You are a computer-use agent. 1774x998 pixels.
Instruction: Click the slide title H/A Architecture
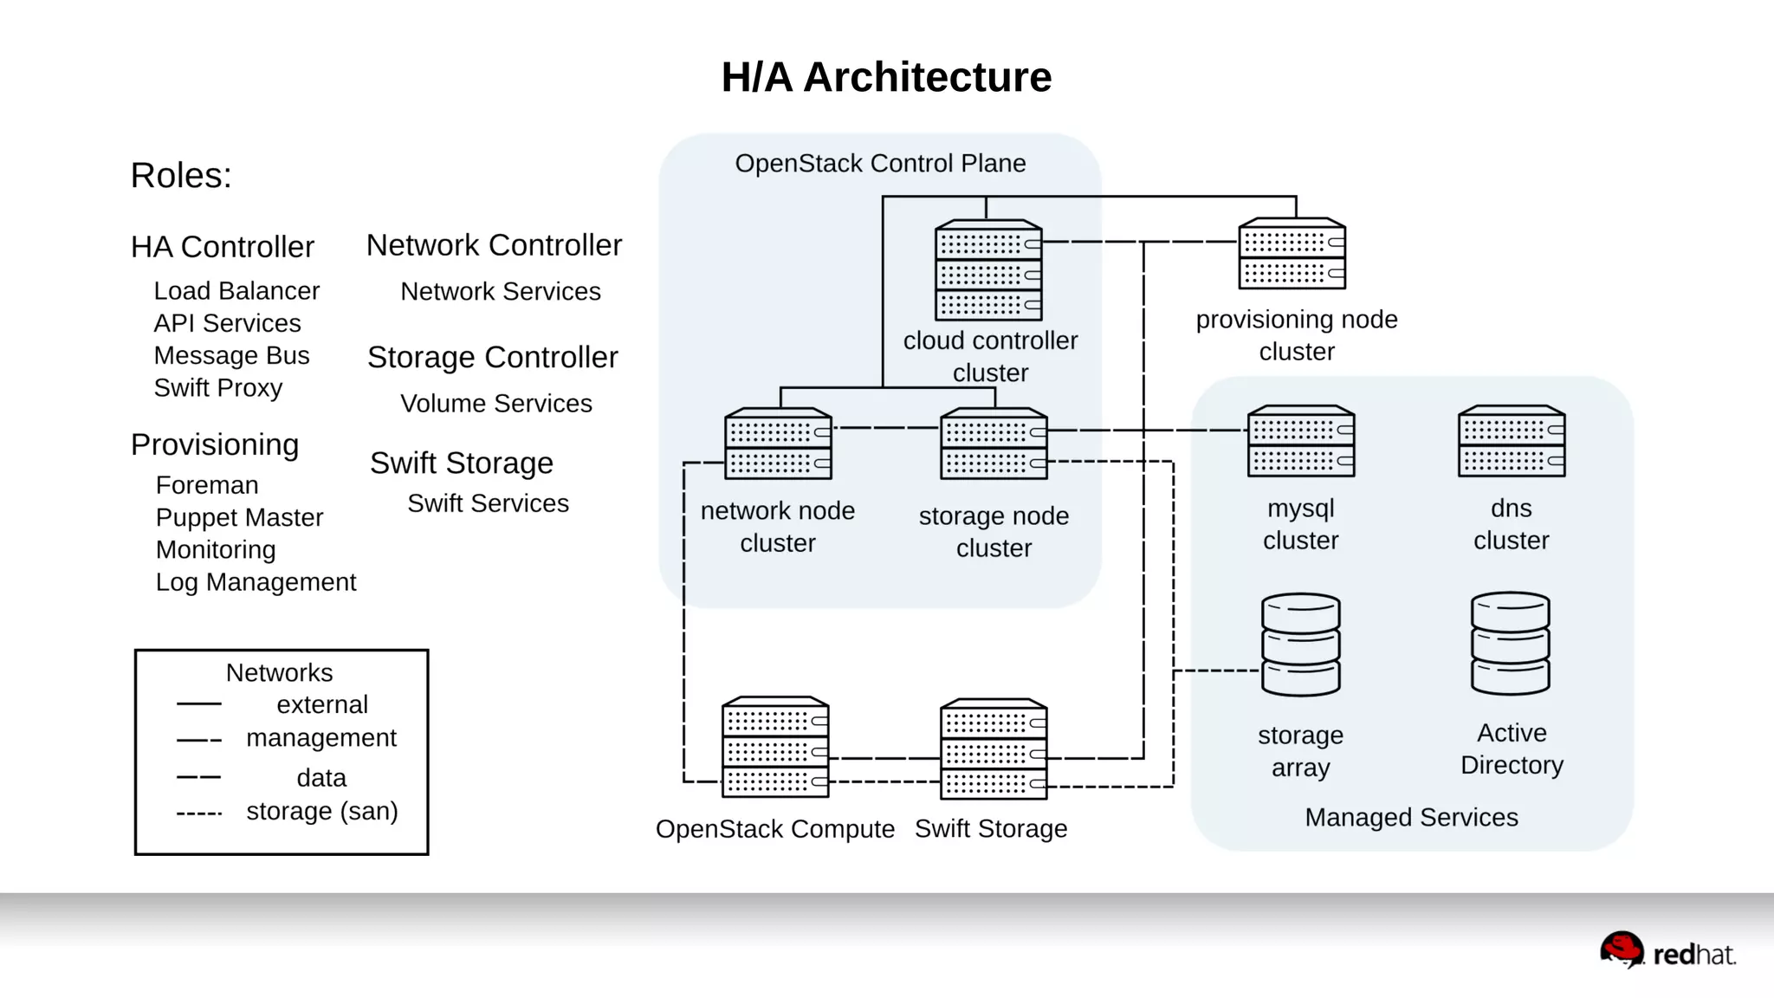886,77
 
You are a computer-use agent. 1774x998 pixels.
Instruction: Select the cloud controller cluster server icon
988,270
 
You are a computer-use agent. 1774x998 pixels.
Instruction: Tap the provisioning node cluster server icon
1292,254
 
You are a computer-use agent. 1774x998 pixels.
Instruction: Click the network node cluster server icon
778,444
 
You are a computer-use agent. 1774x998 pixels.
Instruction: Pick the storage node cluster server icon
994,444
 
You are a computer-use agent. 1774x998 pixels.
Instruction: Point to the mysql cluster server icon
1301,441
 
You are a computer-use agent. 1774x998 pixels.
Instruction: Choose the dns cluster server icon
1512,441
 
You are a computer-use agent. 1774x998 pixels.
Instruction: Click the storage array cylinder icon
1301,645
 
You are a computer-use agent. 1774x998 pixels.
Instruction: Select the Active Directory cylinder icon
1511,643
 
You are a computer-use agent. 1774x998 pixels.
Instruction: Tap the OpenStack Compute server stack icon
775,747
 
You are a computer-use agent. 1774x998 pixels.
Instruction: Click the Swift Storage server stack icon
994,748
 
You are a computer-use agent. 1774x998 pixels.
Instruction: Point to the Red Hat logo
1667,951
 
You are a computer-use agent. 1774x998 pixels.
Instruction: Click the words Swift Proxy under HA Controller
218,388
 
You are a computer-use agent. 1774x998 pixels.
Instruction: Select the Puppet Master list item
239,517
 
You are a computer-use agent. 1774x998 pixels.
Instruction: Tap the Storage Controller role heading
492,357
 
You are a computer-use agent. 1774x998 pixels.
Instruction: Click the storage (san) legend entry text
322,812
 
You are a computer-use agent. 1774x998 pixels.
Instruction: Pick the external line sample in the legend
198,704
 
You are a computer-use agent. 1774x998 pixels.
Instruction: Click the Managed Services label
1411,817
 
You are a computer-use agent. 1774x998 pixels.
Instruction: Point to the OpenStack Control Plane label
880,163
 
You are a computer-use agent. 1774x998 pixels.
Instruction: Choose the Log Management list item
256,582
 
